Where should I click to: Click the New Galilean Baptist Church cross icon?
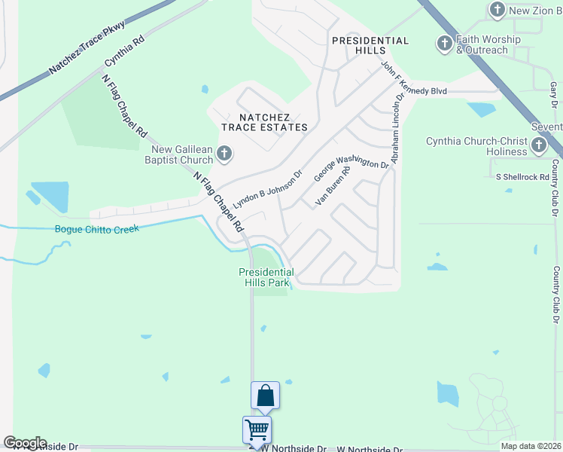coord(224,154)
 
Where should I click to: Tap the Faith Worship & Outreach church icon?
coord(444,44)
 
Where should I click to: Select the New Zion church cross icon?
coord(496,10)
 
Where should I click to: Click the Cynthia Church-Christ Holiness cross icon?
coord(539,145)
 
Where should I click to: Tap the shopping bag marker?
coord(265,395)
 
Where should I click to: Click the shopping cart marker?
coord(257,429)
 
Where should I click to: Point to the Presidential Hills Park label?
coord(266,277)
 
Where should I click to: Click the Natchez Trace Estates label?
coord(263,122)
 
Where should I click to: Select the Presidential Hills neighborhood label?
coord(371,45)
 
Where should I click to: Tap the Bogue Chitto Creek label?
coord(98,229)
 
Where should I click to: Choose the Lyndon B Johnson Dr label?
coord(267,189)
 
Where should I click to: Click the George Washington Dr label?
coord(351,164)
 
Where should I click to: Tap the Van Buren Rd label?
coord(333,186)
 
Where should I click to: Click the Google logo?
coord(25,443)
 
